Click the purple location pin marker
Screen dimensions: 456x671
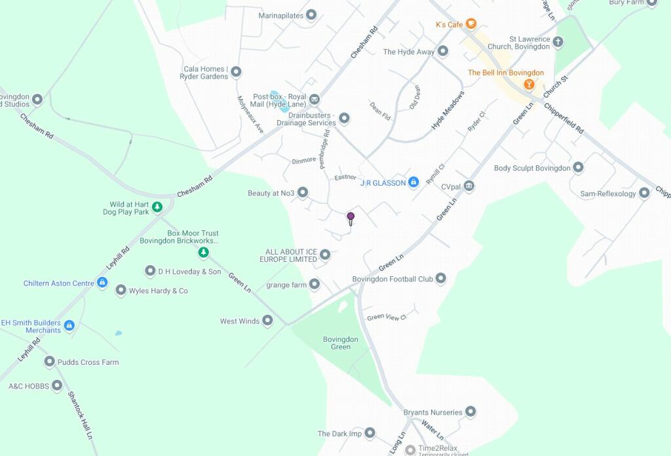[351, 217]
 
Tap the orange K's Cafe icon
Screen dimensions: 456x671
[470, 24]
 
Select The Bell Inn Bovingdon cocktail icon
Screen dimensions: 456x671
[529, 85]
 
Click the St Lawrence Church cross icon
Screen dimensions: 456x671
[558, 43]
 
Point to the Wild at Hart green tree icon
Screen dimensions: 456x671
[157, 208]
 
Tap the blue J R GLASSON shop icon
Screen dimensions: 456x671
[413, 182]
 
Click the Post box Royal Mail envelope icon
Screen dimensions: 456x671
[315, 100]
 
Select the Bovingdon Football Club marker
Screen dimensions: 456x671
[440, 279]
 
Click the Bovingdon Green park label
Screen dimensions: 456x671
[341, 343]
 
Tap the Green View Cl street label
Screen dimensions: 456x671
[387, 317]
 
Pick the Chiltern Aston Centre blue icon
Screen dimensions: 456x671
[102, 283]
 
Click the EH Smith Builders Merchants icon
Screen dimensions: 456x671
[69, 326]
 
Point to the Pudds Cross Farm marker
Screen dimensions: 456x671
[50, 362]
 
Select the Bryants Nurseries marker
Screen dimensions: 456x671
[470, 412]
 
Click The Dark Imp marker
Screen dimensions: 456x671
[370, 433]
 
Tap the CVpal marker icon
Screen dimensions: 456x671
[469, 186]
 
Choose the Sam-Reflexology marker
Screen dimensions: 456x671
[644, 194]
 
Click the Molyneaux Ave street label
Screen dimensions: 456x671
[250, 114]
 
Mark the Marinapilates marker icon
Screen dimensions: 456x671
[312, 14]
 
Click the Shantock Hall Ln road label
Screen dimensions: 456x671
[80, 415]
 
